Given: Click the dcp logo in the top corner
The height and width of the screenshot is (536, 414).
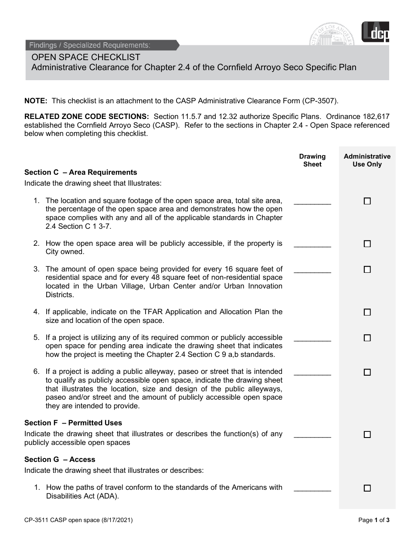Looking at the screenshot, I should click(x=376, y=33).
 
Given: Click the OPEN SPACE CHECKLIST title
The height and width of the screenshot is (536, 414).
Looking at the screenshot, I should click(x=86, y=57).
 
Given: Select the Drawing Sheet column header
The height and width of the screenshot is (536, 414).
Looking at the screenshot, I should click(x=312, y=160).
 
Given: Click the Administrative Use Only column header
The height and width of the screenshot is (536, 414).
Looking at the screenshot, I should click(x=367, y=160).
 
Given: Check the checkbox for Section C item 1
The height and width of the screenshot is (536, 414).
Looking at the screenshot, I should click(x=367, y=201).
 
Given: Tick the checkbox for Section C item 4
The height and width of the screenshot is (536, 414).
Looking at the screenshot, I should click(x=367, y=312).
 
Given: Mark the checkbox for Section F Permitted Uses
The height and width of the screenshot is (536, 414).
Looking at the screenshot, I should click(x=367, y=434).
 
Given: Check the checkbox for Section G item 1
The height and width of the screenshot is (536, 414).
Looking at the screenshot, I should click(x=367, y=488).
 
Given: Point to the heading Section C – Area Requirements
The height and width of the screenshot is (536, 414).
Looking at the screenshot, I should click(x=81, y=172).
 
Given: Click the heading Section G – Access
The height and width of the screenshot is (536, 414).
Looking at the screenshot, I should click(x=60, y=459).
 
